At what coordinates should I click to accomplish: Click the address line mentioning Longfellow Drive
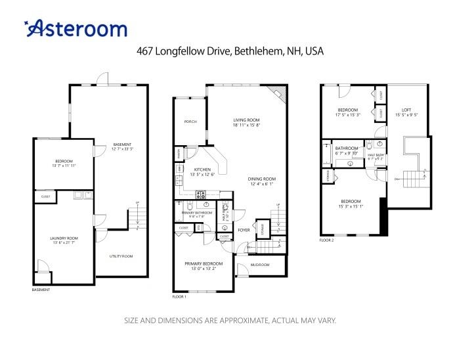point(230,51)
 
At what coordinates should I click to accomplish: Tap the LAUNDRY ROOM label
point(64,238)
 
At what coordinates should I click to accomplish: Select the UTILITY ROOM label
point(121,256)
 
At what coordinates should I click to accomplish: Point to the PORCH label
point(190,122)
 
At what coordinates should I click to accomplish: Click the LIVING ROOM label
point(247,120)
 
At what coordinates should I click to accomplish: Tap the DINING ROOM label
point(261,179)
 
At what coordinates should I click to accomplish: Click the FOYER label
point(244,230)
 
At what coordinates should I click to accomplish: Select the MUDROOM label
point(261,265)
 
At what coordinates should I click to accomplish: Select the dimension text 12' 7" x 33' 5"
point(123,149)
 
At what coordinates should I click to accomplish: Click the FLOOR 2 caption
point(327,240)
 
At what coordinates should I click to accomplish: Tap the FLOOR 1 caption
point(179,297)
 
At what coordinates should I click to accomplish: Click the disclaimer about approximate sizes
point(230,321)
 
